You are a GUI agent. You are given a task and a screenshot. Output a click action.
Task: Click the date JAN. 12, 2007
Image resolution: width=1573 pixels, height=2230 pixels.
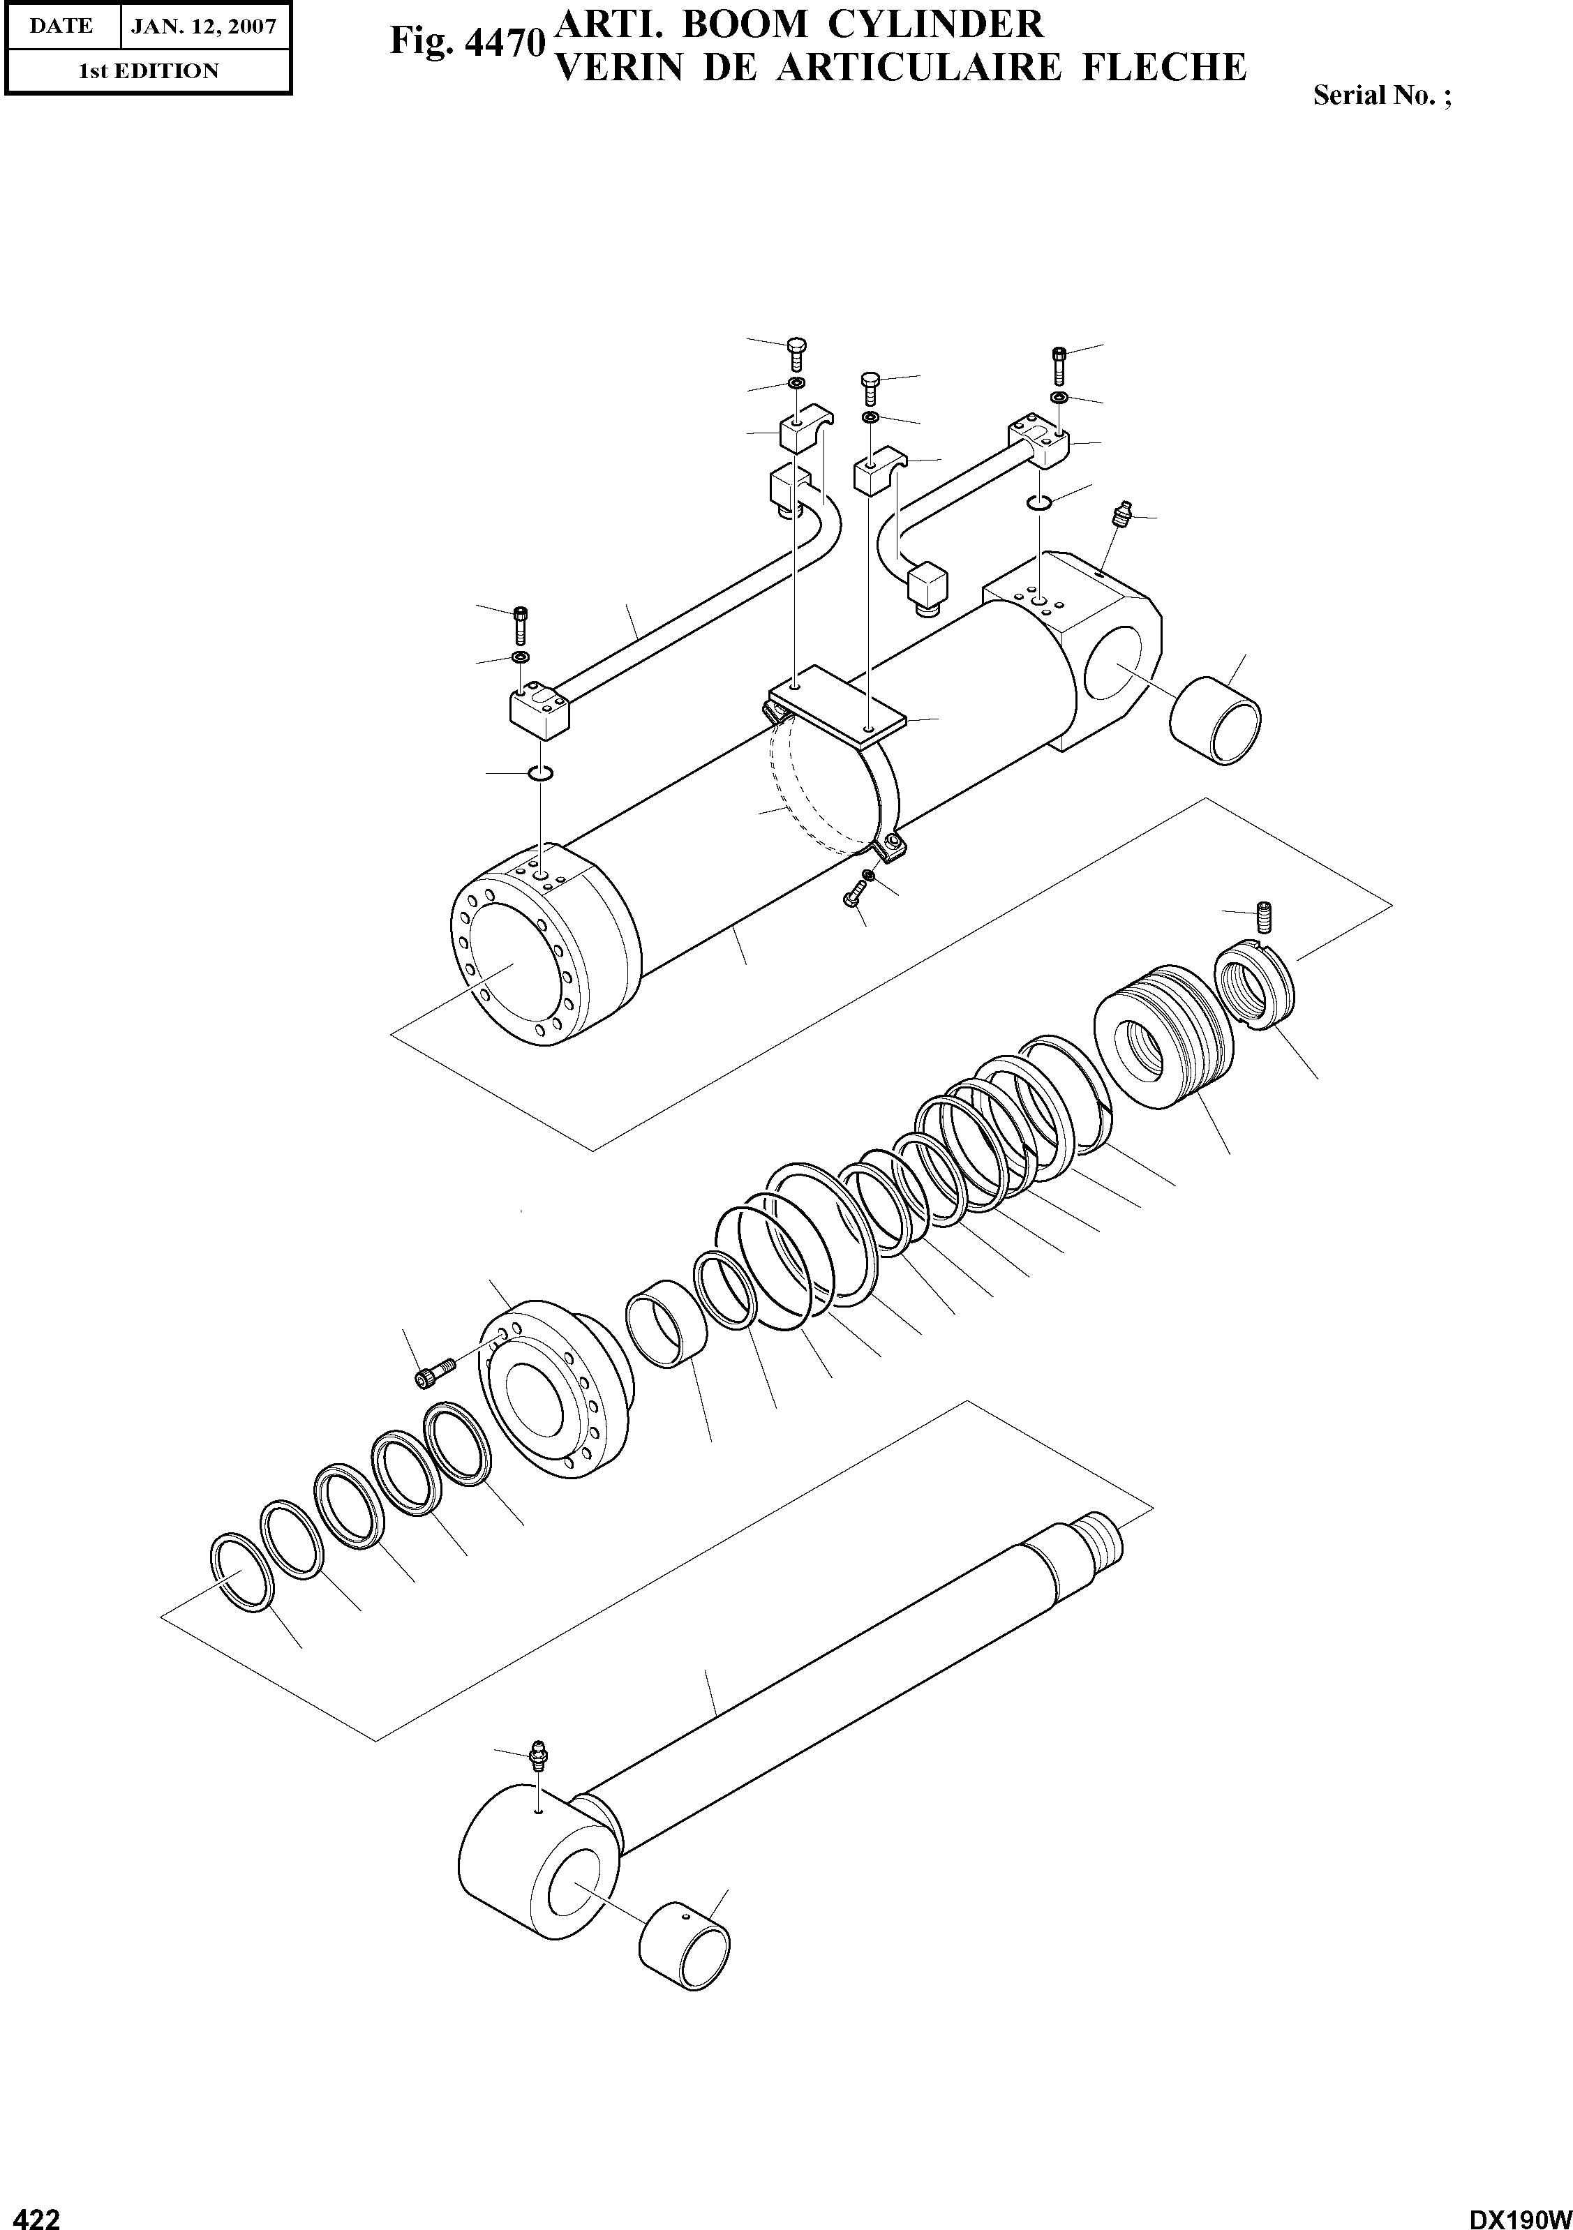pos(204,27)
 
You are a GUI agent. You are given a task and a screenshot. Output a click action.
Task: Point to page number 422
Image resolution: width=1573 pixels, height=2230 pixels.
pos(32,2217)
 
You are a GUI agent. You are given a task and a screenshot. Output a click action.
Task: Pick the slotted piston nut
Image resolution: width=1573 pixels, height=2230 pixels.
pos(1255,989)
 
